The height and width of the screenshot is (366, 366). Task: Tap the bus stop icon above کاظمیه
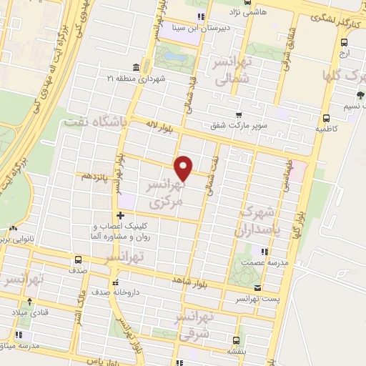(325, 119)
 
